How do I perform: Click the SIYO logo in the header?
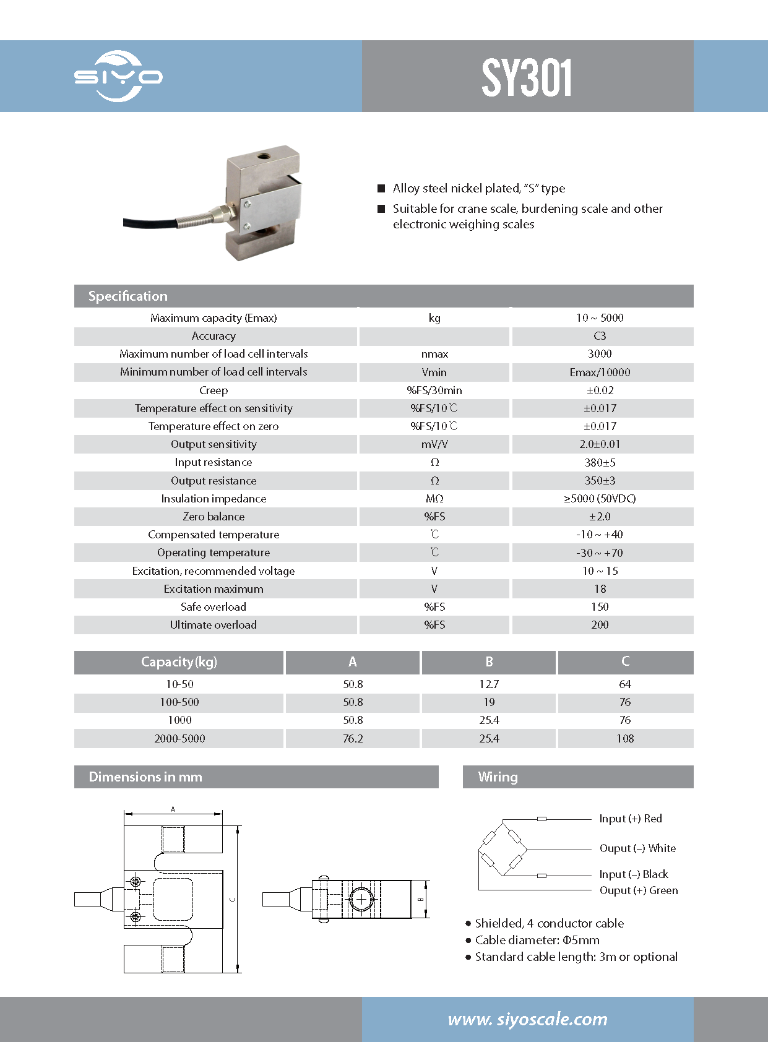[118, 77]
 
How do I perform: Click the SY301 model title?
[527, 78]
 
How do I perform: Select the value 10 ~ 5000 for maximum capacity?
[600, 318]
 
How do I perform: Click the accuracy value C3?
[600, 336]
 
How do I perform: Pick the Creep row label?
[214, 390]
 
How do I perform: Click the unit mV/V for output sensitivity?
[434, 444]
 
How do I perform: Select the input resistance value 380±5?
[600, 462]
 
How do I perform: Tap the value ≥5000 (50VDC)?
[600, 499]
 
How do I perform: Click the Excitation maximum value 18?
[600, 589]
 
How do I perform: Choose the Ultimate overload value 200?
[600, 625]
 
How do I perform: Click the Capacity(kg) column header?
[179, 662]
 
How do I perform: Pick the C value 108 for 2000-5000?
[625, 739]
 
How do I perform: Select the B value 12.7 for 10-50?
[488, 684]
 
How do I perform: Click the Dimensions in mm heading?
[145, 777]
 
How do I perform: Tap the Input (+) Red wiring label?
[630, 819]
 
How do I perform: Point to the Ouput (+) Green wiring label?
[638, 890]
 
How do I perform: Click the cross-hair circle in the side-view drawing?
[360, 899]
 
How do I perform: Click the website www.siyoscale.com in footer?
[527, 1019]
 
